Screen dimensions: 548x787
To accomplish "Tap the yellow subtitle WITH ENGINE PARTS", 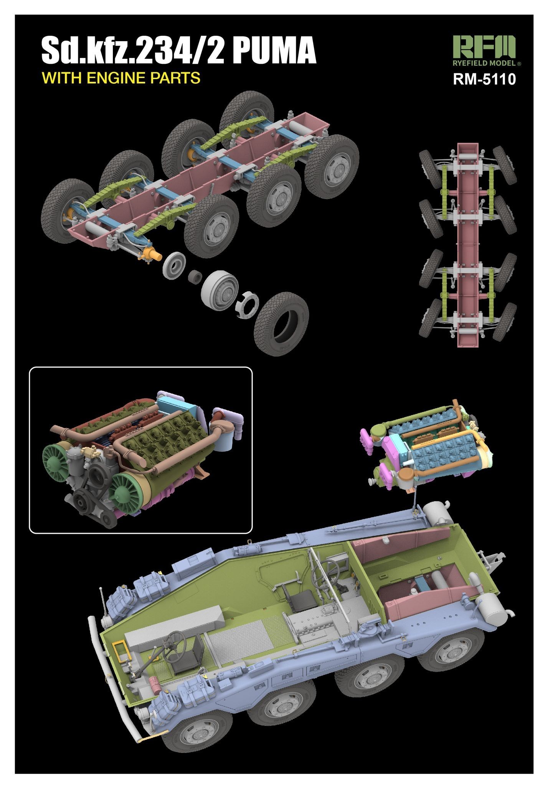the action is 121,78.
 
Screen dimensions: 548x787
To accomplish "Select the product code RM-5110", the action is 484,79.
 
